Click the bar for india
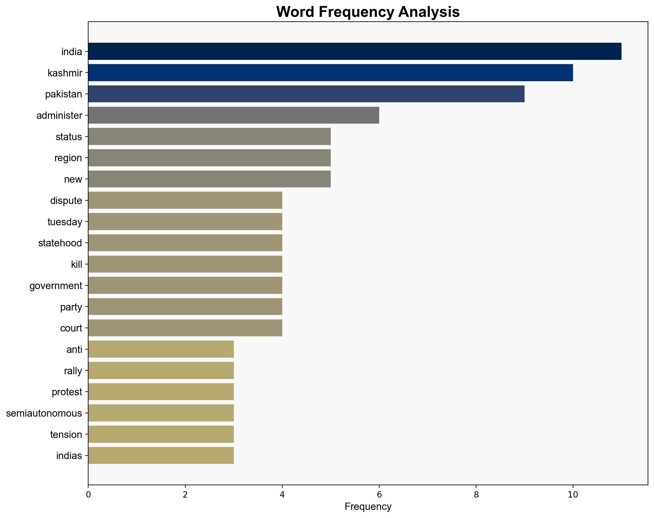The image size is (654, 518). point(355,51)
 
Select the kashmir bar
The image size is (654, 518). point(330,72)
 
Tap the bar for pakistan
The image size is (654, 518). point(306,94)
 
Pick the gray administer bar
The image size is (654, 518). point(234,115)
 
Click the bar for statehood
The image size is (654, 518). point(185,243)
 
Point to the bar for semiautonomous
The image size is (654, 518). point(161,413)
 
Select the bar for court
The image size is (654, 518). point(185,328)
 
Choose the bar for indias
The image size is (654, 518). point(161,455)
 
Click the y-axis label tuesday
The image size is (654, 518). point(65,222)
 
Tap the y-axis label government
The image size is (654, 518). point(56,285)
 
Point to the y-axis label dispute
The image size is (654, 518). point(66,201)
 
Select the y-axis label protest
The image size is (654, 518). point(67,392)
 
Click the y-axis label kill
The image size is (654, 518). point(76,264)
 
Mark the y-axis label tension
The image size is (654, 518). point(66,434)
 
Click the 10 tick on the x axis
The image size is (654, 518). point(573,495)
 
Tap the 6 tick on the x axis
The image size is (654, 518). point(379,495)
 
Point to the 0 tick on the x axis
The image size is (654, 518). point(88,495)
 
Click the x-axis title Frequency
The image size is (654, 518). point(368,507)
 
